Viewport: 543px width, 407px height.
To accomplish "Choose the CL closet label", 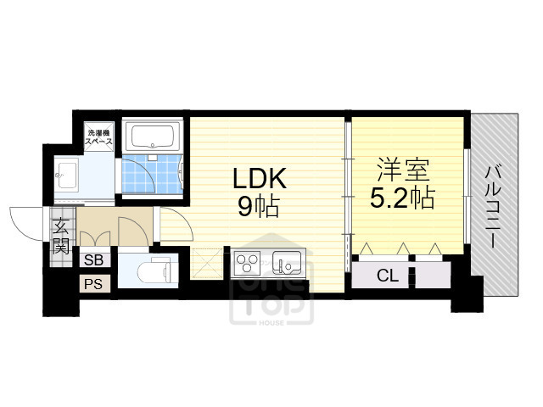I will pyautogui.click(x=387, y=276).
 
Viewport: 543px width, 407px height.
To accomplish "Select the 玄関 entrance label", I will pyautogui.click(x=60, y=237).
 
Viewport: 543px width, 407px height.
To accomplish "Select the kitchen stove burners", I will pyautogui.click(x=248, y=264).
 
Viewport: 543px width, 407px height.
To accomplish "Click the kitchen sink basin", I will pyautogui.click(x=286, y=264).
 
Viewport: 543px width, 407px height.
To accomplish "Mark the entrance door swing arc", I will pyautogui.click(x=25, y=222).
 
